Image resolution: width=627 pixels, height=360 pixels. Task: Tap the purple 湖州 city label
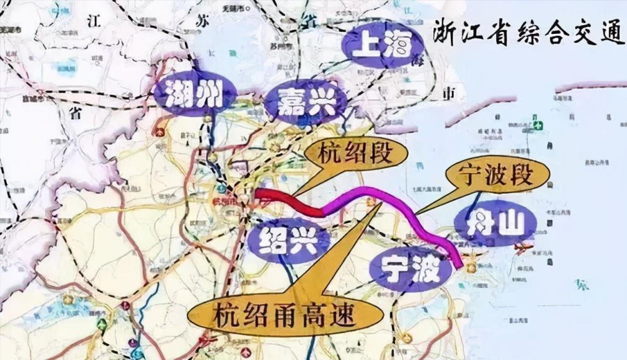click(x=195, y=95)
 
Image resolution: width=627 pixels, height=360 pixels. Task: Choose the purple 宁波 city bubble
click(x=410, y=268)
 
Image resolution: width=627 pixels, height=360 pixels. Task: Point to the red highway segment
click(x=290, y=201)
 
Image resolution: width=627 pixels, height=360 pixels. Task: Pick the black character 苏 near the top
click(x=202, y=23)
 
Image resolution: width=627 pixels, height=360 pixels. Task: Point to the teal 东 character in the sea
click(x=582, y=284)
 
